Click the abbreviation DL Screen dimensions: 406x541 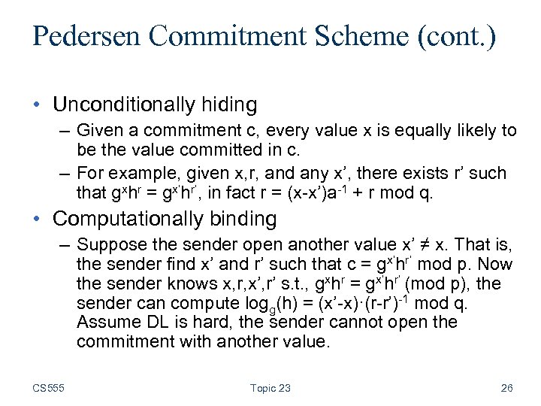(x=154, y=323)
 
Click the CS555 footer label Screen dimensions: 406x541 (x=49, y=388)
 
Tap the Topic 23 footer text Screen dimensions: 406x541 (x=270, y=388)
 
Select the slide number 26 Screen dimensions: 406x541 (x=507, y=388)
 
